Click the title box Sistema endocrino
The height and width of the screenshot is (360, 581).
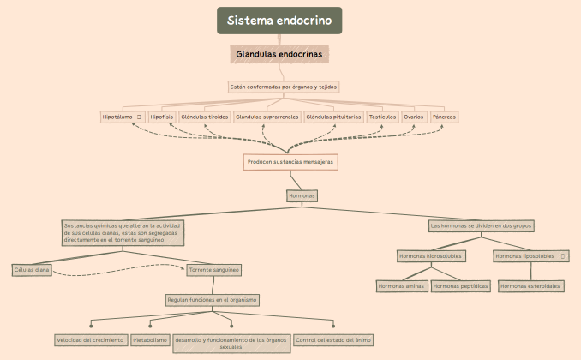[279, 21]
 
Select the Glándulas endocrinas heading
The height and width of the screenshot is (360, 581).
[279, 54]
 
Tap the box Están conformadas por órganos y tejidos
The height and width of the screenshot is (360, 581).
[284, 87]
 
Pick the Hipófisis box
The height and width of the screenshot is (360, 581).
[161, 117]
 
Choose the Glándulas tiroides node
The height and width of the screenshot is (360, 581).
[204, 117]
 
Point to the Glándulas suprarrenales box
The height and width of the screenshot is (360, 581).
[267, 117]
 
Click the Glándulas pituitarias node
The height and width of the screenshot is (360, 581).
[333, 117]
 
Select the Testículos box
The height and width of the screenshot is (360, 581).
[382, 117]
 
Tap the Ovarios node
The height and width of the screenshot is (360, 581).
[414, 117]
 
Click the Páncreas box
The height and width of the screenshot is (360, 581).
[444, 117]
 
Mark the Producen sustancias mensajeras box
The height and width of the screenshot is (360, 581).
[290, 161]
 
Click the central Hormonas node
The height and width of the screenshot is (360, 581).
[302, 195]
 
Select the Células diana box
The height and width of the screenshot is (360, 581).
[32, 269]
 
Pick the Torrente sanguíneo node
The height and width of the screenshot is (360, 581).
[214, 269]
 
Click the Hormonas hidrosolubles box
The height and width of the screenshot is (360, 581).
[431, 255]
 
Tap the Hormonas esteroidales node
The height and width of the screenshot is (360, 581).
[531, 285]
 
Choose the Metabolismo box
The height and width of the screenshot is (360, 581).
[150, 340]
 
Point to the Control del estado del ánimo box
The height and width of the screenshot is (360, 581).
[333, 340]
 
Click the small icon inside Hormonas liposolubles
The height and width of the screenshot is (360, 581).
[563, 255]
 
